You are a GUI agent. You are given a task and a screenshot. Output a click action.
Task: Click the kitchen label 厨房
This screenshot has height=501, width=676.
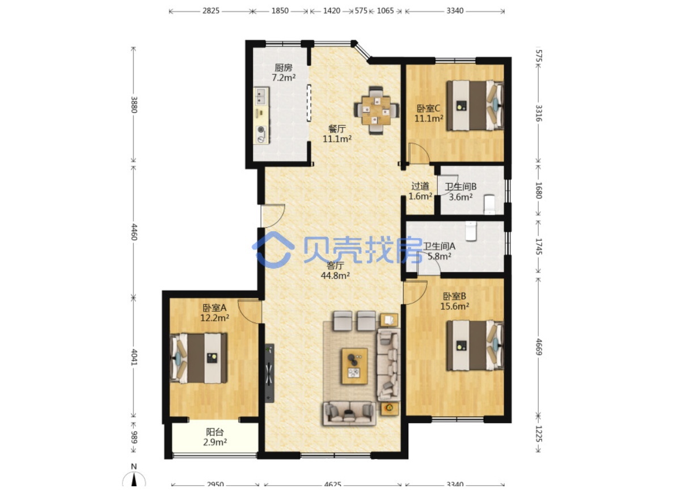pyautogui.click(x=283, y=67)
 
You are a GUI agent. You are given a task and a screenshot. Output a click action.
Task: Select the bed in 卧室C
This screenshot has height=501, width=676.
pyautogui.click(x=475, y=105)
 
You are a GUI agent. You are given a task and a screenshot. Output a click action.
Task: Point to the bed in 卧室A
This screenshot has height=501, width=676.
pyautogui.click(x=198, y=358)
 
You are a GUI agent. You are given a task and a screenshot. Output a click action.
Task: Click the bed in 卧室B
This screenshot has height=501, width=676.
pyautogui.click(x=475, y=345)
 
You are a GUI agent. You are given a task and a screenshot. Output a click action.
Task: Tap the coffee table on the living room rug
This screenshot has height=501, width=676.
pyautogui.click(x=354, y=366)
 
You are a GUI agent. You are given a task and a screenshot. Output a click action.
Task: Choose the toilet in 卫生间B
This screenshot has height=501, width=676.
pyautogui.click(x=490, y=205)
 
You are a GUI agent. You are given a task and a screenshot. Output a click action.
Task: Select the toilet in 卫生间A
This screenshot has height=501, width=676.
pyautogui.click(x=471, y=231)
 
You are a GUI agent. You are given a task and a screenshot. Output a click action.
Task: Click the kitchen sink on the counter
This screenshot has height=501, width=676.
pyautogui.click(x=261, y=96)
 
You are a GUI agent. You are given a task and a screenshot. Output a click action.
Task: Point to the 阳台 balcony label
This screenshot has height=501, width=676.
pyautogui.click(x=215, y=432)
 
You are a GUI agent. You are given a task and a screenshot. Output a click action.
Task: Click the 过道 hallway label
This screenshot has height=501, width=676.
pyautogui.click(x=420, y=186)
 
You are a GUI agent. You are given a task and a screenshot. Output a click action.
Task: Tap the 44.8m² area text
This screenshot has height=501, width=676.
pyautogui.click(x=335, y=275)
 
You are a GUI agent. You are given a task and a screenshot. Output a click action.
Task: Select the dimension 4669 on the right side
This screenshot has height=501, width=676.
pyautogui.click(x=539, y=347)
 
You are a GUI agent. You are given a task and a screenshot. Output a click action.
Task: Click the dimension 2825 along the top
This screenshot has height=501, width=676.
pyautogui.click(x=211, y=11)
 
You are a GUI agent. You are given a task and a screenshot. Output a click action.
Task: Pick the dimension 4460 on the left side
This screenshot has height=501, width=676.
pyautogui.click(x=134, y=232)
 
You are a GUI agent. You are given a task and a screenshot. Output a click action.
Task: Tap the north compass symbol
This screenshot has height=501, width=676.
pyautogui.click(x=134, y=478)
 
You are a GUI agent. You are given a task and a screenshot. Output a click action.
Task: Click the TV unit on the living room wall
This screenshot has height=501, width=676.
pyautogui.click(x=269, y=373)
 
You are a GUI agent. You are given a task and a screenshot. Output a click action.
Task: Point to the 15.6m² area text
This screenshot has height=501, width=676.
pyautogui.click(x=454, y=306)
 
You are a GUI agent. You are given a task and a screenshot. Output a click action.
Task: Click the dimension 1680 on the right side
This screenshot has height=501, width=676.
pyautogui.click(x=539, y=190)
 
